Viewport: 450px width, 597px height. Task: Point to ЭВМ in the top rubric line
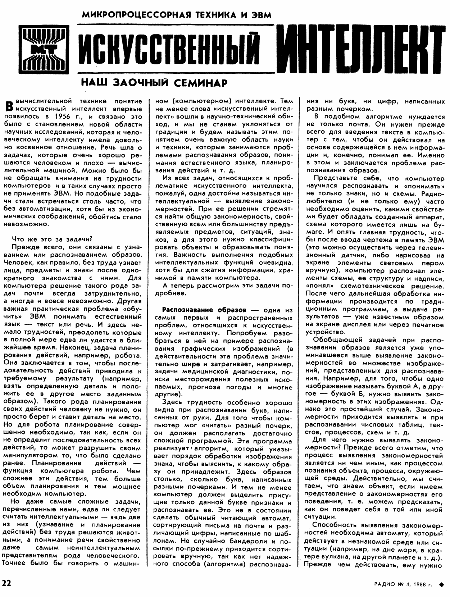261,15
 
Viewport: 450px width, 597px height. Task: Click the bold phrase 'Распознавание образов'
204,310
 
